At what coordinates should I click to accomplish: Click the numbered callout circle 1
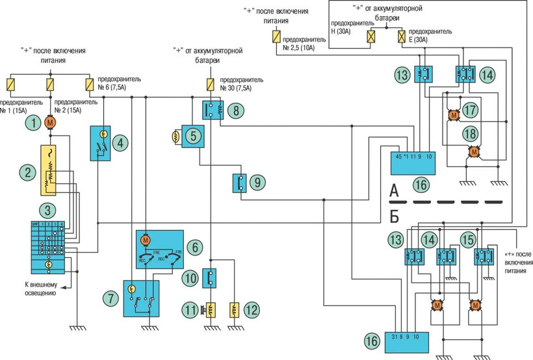[29, 122]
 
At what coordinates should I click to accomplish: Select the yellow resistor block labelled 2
[50, 170]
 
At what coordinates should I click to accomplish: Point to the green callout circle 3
[29, 210]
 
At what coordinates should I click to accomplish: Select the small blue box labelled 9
[240, 183]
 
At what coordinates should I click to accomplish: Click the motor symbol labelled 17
[453, 115]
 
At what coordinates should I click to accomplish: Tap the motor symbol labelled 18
[474, 151]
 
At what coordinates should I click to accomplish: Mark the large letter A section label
[393, 190]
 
